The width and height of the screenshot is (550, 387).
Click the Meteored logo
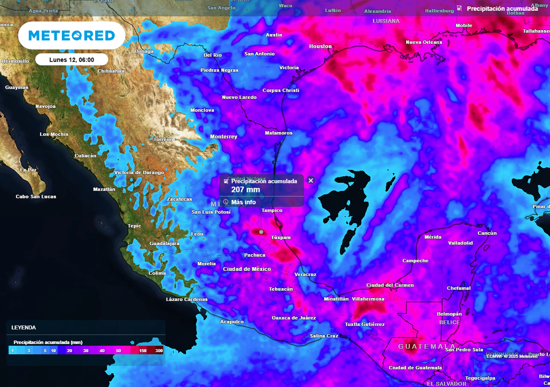pyautogui.click(x=71, y=35)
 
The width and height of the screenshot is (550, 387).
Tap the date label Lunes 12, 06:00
pyautogui.click(x=71, y=60)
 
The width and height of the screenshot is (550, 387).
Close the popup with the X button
pyautogui.click(x=310, y=181)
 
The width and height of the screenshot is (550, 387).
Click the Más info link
pyautogui.click(x=243, y=202)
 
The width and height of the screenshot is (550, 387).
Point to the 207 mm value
pyautogui.click(x=245, y=190)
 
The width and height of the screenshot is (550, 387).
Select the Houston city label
pyautogui.click(x=320, y=47)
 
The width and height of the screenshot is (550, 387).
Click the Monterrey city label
pyautogui.click(x=223, y=137)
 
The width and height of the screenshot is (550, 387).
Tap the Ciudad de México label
pyautogui.click(x=247, y=269)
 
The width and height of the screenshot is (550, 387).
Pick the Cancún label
pyautogui.click(x=487, y=233)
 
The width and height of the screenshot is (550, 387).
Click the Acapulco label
pyautogui.click(x=232, y=322)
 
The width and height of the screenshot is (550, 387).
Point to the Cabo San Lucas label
pyautogui.click(x=36, y=197)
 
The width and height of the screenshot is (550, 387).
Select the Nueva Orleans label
pyautogui.click(x=424, y=42)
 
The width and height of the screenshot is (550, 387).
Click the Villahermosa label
pyautogui.click(x=368, y=298)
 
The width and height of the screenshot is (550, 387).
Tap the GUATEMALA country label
pyautogui.click(x=426, y=347)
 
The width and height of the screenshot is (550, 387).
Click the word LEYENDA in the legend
pyautogui.click(x=24, y=327)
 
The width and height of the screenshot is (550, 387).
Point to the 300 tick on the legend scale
pyautogui.click(x=159, y=350)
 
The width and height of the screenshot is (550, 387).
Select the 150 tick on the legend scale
pyautogui.click(x=143, y=350)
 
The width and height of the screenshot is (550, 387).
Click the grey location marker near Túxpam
pyautogui.click(x=261, y=232)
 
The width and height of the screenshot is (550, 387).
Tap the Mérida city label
pyautogui.click(x=433, y=237)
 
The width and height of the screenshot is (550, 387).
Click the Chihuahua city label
pyautogui.click(x=111, y=71)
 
